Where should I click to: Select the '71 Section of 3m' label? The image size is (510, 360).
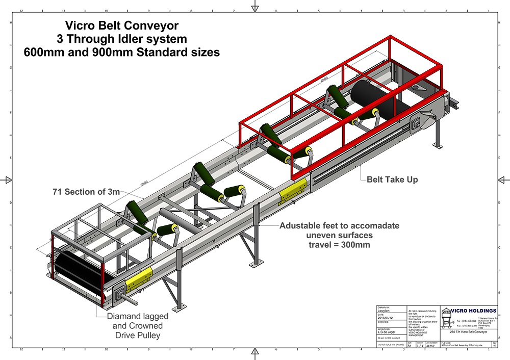(86, 192)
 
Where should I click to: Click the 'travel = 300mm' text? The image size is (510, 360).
(339, 244)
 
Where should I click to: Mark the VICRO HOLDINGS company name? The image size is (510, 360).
(474, 311)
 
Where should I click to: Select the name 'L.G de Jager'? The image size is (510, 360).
(387, 331)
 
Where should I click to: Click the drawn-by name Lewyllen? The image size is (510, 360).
(384, 311)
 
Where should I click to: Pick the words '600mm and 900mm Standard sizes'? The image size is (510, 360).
(121, 52)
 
